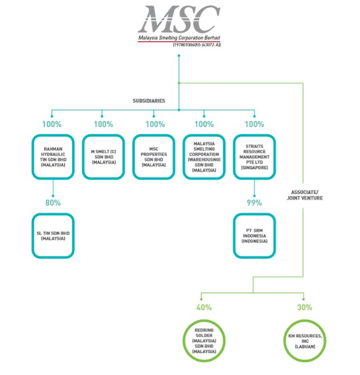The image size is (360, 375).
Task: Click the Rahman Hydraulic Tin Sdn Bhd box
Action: click(52, 156)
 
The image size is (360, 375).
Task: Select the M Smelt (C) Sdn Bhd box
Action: click(103, 156)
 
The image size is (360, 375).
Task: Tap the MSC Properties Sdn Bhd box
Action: click(154, 156)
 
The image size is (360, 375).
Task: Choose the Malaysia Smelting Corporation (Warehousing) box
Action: click(204, 156)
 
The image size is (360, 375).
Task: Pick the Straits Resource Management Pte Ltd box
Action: click(254, 156)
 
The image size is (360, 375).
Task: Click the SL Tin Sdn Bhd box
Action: click(52, 236)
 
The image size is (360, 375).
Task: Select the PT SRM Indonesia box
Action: click(254, 236)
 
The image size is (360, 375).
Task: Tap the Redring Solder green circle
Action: click(204, 339)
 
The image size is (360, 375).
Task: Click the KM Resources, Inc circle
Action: click(304, 339)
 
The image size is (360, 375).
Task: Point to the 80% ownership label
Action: click(52, 202)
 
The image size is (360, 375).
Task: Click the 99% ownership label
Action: click(254, 202)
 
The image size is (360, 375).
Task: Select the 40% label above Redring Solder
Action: click(204, 308)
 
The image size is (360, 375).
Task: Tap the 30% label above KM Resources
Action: click(304, 308)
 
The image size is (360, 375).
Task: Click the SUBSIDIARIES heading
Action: click(148, 101)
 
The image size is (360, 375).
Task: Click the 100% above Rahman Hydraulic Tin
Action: click(52, 124)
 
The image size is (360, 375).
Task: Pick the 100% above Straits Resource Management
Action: click(254, 124)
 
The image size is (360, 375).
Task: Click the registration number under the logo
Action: click(196, 45)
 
